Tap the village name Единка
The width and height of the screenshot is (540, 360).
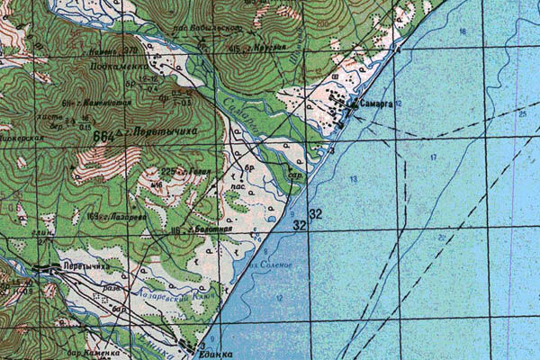point(215,355)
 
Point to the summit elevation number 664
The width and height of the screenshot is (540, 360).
point(102,135)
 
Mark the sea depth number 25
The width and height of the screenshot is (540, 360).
point(522,114)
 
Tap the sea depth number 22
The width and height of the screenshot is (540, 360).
point(443,236)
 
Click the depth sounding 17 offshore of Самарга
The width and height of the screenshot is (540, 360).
point(433,158)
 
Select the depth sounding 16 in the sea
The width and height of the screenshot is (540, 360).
point(464,31)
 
